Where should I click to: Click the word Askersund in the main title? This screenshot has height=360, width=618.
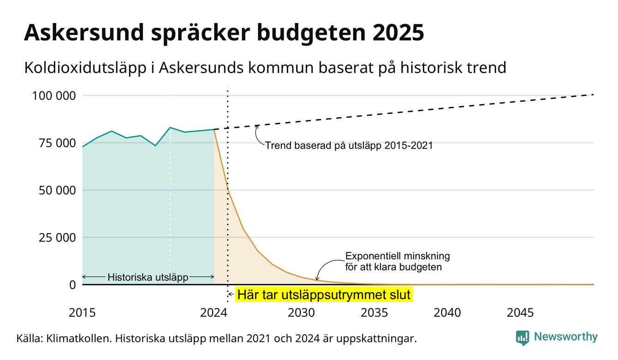click(x=84, y=32)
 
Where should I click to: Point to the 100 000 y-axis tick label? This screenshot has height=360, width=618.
click(x=54, y=96)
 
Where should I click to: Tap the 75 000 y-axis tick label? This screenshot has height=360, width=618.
click(x=57, y=143)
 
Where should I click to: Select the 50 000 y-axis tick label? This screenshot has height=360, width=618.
click(x=57, y=191)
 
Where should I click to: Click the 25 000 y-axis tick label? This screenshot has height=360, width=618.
click(x=57, y=238)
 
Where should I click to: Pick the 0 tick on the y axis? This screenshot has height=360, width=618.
click(x=72, y=285)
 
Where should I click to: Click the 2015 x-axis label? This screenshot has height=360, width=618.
click(x=82, y=313)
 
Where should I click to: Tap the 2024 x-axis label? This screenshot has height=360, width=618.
click(x=214, y=313)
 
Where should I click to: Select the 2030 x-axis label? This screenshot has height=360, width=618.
click(x=301, y=313)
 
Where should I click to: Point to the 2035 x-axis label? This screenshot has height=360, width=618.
click(x=374, y=313)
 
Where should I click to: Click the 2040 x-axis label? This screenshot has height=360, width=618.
click(x=447, y=313)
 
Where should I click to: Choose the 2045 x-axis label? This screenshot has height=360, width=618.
click(x=520, y=313)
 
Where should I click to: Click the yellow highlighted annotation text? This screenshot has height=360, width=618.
click(x=324, y=294)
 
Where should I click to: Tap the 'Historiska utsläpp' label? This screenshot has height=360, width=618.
click(x=148, y=277)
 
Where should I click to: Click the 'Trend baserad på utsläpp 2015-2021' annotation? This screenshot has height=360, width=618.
click(x=349, y=145)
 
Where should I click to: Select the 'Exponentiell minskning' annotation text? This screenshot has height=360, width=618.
click(x=398, y=256)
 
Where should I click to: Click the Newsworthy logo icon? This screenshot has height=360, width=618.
click(x=523, y=338)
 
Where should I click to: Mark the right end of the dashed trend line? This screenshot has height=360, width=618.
click(x=594, y=95)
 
